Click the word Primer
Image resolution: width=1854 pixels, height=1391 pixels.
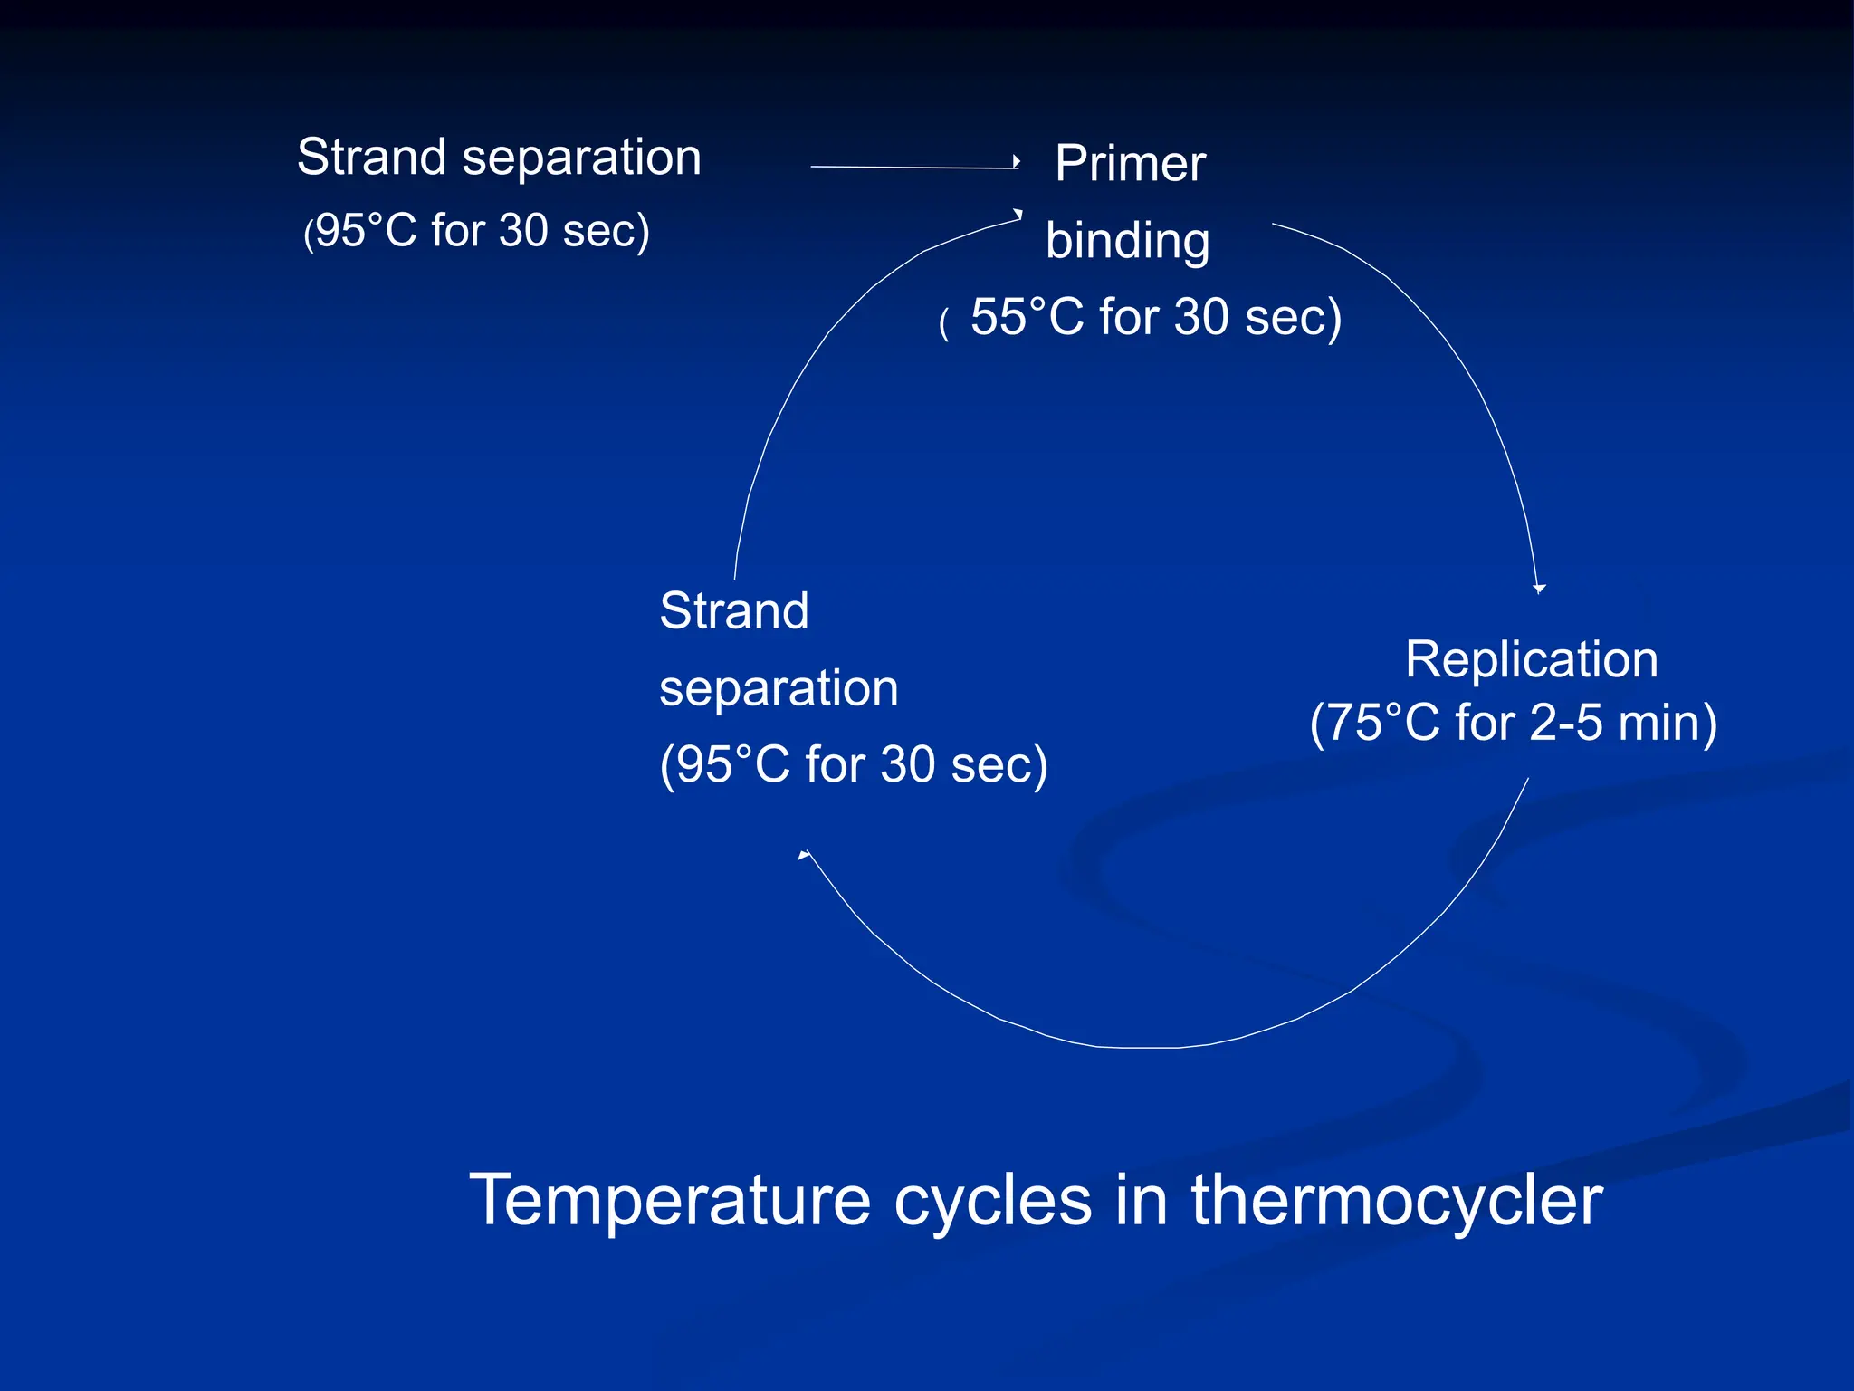pyautogui.click(x=1130, y=164)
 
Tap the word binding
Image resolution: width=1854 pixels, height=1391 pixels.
pyautogui.click(x=1127, y=241)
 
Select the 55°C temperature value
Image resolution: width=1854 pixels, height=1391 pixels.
pyautogui.click(x=1027, y=317)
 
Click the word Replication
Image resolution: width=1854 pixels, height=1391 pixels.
pyautogui.click(x=1532, y=659)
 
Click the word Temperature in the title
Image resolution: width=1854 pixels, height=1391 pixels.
pyautogui.click(x=670, y=1200)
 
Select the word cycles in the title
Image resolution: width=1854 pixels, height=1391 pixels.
pyautogui.click(x=993, y=1202)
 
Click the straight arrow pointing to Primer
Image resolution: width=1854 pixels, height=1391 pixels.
pyautogui.click(x=914, y=167)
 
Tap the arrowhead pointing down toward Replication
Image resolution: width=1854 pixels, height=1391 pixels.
pyautogui.click(x=1539, y=589)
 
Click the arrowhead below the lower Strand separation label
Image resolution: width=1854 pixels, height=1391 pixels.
pyautogui.click(x=804, y=854)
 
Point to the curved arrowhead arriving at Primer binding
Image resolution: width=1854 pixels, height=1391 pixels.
pyautogui.click(x=1018, y=215)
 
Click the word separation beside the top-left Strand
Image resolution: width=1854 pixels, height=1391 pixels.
pyautogui.click(x=581, y=158)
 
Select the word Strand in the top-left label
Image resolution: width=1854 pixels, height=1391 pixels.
pyautogui.click(x=371, y=158)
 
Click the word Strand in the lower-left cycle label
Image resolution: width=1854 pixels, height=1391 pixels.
pyautogui.click(x=733, y=610)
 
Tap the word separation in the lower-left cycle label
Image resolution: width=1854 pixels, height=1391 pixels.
pyautogui.click(x=779, y=688)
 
